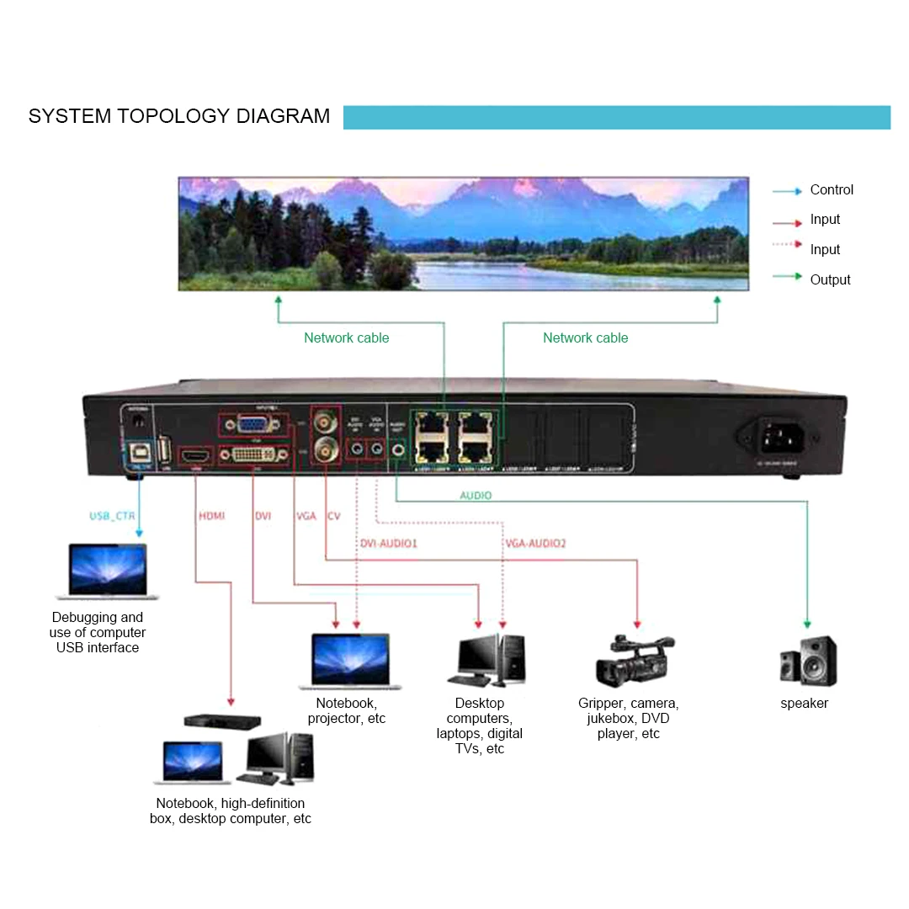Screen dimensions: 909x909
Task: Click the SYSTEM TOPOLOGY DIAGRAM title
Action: pos(179,116)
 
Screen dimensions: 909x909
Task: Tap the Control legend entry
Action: pos(831,190)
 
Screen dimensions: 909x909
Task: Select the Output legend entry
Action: pos(830,280)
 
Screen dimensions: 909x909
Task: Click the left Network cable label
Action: pos(346,338)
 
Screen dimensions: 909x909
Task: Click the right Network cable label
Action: pos(585,338)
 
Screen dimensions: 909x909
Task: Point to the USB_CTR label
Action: pos(113,515)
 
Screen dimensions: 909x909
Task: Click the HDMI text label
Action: pos(211,515)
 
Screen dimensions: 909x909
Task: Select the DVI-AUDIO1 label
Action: pos(389,544)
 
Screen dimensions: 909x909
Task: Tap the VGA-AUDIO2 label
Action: pos(535,544)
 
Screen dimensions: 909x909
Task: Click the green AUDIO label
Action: pos(476,496)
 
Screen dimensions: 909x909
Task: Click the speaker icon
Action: pos(808,661)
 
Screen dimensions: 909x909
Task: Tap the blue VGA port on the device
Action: pos(251,425)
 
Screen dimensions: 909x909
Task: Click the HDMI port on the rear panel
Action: pos(197,454)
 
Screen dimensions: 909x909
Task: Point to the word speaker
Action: pos(804,704)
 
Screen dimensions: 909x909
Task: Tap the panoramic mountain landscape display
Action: pos(463,233)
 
